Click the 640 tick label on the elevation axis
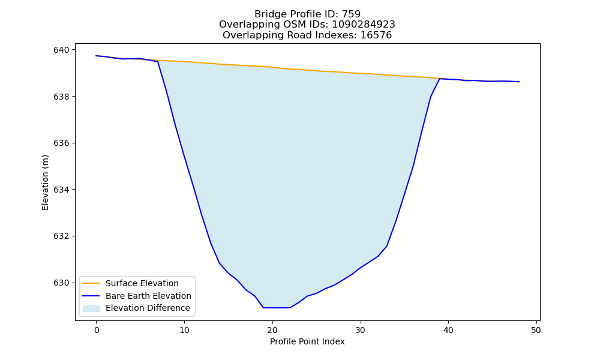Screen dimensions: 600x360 pyautogui.click(x=61, y=50)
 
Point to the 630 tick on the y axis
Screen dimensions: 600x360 pyautogui.click(x=61, y=283)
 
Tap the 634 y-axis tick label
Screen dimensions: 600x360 pyautogui.click(x=61, y=190)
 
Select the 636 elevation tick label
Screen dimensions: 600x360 pyautogui.click(x=61, y=143)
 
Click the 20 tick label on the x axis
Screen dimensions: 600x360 pyautogui.click(x=272, y=330)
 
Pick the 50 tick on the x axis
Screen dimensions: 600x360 pyautogui.click(x=536, y=330)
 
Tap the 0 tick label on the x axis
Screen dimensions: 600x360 pyautogui.click(x=97, y=330)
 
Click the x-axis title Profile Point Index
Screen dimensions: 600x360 pyautogui.click(x=307, y=341)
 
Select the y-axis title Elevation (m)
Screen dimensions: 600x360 pyautogui.click(x=45, y=182)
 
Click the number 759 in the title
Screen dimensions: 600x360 pyautogui.click(x=351, y=14)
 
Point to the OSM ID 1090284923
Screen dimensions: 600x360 pyautogui.click(x=364, y=25)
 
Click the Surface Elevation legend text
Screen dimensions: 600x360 pyautogui.click(x=142, y=283)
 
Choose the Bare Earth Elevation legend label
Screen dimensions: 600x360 pyautogui.click(x=148, y=296)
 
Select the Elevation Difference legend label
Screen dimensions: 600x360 pyautogui.click(x=148, y=308)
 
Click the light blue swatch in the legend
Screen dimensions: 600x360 pyautogui.click(x=91, y=308)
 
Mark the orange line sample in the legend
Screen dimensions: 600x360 pyautogui.click(x=91, y=283)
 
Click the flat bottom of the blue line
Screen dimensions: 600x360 pyautogui.click(x=277, y=308)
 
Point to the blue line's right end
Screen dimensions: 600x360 pyautogui.click(x=519, y=82)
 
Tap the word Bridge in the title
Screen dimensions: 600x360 pyautogui.click(x=267, y=14)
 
